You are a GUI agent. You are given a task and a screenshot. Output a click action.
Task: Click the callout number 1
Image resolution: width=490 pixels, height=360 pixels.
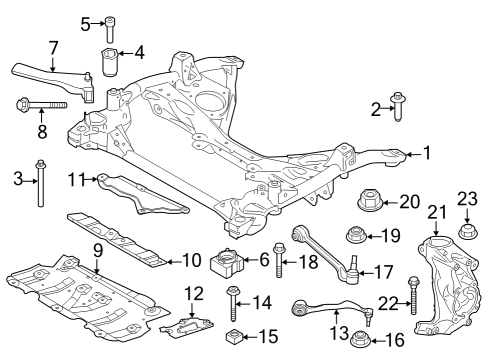point(427,153)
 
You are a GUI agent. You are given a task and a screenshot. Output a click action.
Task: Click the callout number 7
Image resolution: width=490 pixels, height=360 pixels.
point(53,48)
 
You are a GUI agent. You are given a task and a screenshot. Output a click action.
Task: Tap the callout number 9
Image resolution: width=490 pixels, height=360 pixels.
point(97,250)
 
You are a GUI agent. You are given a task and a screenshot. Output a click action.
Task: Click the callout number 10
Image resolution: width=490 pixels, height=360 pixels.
point(192,259)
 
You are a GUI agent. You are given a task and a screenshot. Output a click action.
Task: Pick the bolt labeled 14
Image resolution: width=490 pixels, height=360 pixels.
point(232,300)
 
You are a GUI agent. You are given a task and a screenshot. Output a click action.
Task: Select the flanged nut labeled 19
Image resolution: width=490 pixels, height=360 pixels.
point(353,236)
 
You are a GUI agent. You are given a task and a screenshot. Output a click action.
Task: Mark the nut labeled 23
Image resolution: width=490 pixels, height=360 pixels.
point(465,234)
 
